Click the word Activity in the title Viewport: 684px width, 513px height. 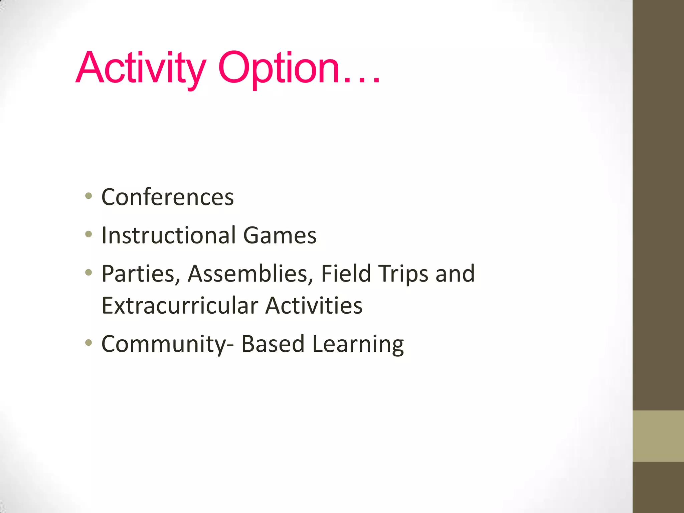[x=140, y=68]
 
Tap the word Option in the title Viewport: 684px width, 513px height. [x=279, y=68]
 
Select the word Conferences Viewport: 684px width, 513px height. [x=167, y=197]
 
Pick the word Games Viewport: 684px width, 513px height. [x=280, y=235]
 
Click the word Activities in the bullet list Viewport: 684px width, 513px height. [x=314, y=306]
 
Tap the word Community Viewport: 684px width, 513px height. [x=164, y=344]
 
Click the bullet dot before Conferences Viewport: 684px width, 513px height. [x=89, y=196]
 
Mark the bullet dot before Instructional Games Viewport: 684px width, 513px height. [x=89, y=234]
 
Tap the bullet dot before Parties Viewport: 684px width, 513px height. [x=89, y=273]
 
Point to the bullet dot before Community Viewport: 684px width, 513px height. [x=89, y=343]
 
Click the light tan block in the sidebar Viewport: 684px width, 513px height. [x=658, y=436]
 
